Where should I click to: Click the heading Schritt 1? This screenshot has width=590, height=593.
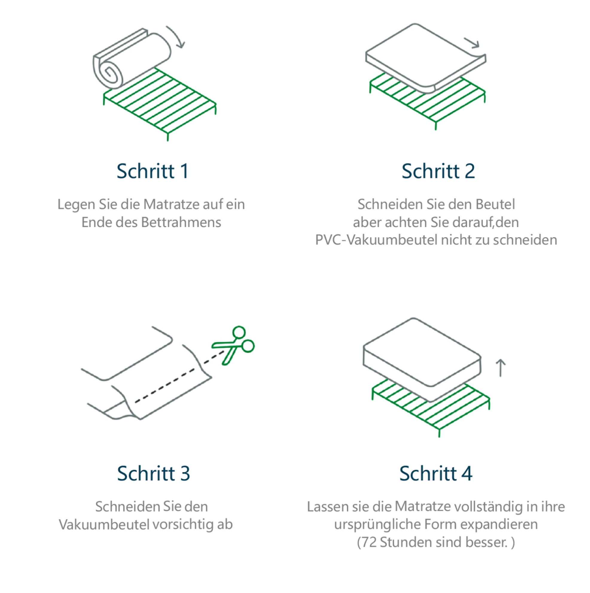153,171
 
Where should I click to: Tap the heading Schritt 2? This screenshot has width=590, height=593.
438,171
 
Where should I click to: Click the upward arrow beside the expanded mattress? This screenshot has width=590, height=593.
500,368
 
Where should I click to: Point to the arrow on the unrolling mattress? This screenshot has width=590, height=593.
472,43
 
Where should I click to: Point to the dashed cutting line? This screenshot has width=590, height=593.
180,376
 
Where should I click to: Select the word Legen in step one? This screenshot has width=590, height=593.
76,205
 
